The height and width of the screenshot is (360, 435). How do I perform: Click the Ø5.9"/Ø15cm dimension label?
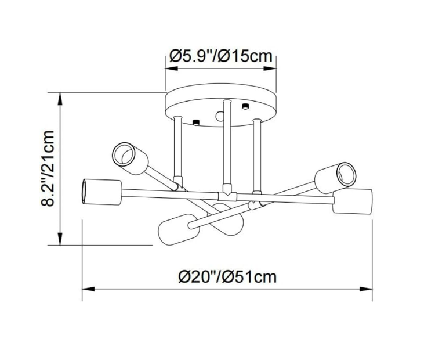point(221,56)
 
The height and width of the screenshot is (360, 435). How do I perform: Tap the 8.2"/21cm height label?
point(48,168)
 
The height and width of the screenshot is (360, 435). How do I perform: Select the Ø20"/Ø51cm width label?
point(227,276)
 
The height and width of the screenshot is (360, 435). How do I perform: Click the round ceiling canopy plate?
point(221,105)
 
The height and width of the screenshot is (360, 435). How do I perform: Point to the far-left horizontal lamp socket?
point(102,192)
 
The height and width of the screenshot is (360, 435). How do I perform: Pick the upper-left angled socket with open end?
point(130,159)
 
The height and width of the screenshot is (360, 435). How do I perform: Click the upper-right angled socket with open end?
point(336,178)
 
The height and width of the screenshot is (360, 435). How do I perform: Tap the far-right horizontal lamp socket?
point(352,201)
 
